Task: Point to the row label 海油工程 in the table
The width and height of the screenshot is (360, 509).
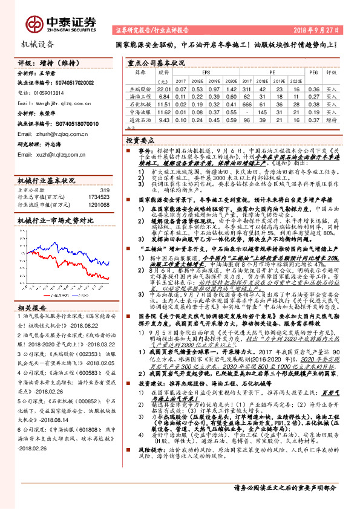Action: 139,96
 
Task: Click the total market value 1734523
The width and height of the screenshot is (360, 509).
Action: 98,197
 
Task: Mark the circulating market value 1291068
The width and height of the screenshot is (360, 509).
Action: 98,204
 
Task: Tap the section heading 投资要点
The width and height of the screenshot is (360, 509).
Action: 139,139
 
